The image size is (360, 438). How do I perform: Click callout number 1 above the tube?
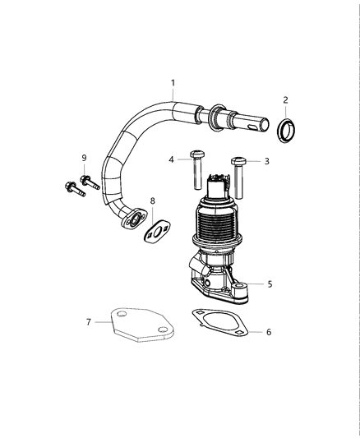173,82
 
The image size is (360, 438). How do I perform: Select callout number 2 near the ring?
285,99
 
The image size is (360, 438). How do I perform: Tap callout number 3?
266,162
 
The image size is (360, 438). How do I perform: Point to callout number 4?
171,159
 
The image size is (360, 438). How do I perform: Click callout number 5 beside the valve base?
269,284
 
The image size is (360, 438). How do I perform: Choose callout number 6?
267,332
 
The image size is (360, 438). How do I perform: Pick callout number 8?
152,201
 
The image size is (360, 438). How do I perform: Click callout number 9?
83,157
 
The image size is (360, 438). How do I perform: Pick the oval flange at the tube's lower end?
130,219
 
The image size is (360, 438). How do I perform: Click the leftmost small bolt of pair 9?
72,187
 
